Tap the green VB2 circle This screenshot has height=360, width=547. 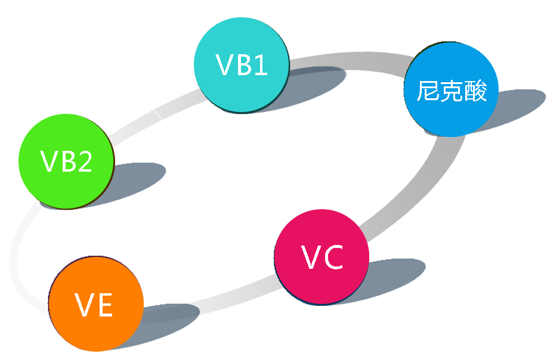coord(66,161)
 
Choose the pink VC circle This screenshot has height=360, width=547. coord(322,257)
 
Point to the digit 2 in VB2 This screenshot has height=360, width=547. coord(85,162)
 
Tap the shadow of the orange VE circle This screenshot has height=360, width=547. coord(170,322)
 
